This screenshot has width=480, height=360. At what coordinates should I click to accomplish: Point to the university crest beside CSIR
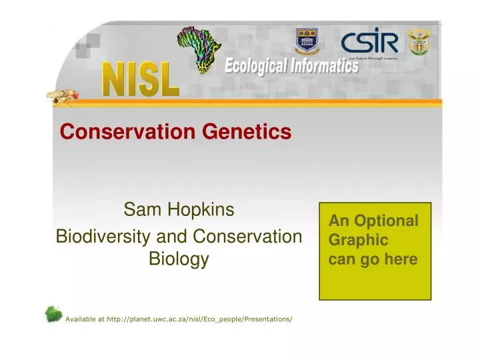coord(307,42)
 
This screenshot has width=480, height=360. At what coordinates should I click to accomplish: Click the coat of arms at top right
coord(419,42)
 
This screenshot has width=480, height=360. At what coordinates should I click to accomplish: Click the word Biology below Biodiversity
coord(179,259)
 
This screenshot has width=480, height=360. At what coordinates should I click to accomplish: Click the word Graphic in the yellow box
coord(359,240)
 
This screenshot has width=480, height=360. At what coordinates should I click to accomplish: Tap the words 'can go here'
coord(373,259)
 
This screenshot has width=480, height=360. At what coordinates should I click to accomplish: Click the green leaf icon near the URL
coord(53,314)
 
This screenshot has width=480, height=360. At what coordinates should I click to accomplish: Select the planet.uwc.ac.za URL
coord(199,319)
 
